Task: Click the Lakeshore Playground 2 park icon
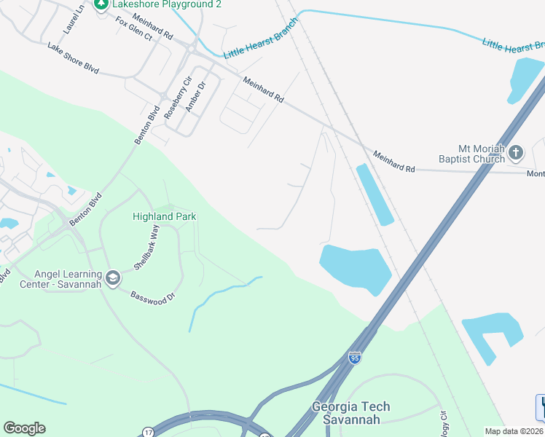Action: click(x=101, y=4)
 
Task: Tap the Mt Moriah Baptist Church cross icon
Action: click(x=516, y=153)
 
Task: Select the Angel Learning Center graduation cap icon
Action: click(x=113, y=278)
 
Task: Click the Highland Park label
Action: click(x=164, y=216)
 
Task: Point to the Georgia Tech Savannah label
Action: click(x=351, y=413)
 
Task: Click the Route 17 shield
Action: click(x=148, y=432)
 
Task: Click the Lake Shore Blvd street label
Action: click(x=73, y=59)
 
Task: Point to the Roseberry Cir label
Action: click(x=171, y=100)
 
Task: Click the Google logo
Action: click(x=24, y=428)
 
